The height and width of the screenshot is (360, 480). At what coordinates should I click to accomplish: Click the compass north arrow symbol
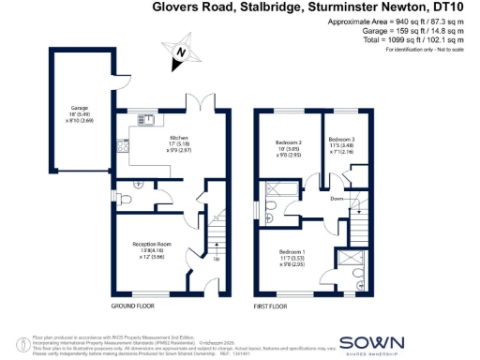click(x=181, y=53)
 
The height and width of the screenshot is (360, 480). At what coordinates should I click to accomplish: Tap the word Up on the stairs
click(x=218, y=260)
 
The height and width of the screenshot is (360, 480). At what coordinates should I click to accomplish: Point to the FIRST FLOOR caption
click(x=274, y=307)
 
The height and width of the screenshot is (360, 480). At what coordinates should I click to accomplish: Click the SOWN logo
click(x=373, y=344)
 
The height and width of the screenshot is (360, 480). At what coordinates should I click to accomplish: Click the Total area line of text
click(x=416, y=41)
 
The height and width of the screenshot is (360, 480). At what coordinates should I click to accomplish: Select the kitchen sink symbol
click(x=147, y=120)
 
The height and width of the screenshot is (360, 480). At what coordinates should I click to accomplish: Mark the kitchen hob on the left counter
click(x=121, y=145)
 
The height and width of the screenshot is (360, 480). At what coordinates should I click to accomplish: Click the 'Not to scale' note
click(x=447, y=50)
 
